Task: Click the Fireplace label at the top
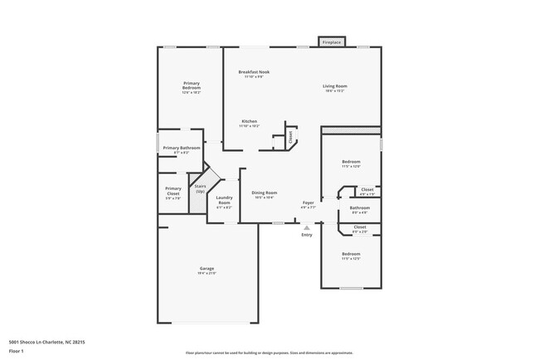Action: (332, 41)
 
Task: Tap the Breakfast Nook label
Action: (254, 72)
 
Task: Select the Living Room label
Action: (335, 86)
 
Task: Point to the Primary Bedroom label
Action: (192, 85)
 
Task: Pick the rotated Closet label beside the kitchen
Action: (291, 139)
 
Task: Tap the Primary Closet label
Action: (173, 190)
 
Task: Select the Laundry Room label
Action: (224, 199)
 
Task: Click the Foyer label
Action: (308, 202)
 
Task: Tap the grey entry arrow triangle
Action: (307, 226)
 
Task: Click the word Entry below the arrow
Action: (307, 235)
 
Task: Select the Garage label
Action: (206, 268)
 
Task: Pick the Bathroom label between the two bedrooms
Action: (360, 207)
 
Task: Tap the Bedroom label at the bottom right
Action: (352, 254)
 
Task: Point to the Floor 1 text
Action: (17, 351)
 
